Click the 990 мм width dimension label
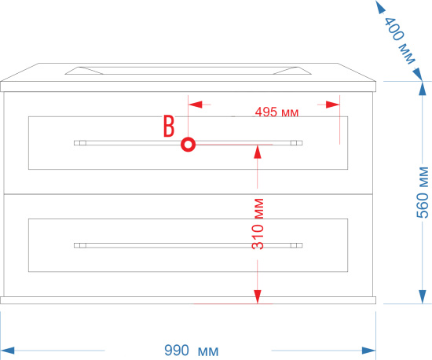[x=192, y=351]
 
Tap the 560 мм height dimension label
[x=423, y=193]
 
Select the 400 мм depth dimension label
[x=399, y=40]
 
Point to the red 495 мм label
[x=276, y=112]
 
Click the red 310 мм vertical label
[x=258, y=224]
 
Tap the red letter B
[x=169, y=126]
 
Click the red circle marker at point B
[x=189, y=145]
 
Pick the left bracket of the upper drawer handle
[x=80, y=143]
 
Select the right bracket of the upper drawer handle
[x=296, y=143]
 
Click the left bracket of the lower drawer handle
[x=80, y=245]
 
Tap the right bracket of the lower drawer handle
[x=296, y=245]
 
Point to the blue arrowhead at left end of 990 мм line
[x=7, y=351]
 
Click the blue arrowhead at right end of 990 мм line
[x=369, y=351]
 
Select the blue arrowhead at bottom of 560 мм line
[x=423, y=297]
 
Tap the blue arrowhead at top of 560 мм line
[x=423, y=89]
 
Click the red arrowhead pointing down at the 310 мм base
[x=258, y=297]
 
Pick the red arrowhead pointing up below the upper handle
[x=258, y=152]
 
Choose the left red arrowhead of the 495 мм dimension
[x=196, y=105]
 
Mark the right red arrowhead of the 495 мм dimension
[x=332, y=105]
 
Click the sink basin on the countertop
[x=189, y=71]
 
